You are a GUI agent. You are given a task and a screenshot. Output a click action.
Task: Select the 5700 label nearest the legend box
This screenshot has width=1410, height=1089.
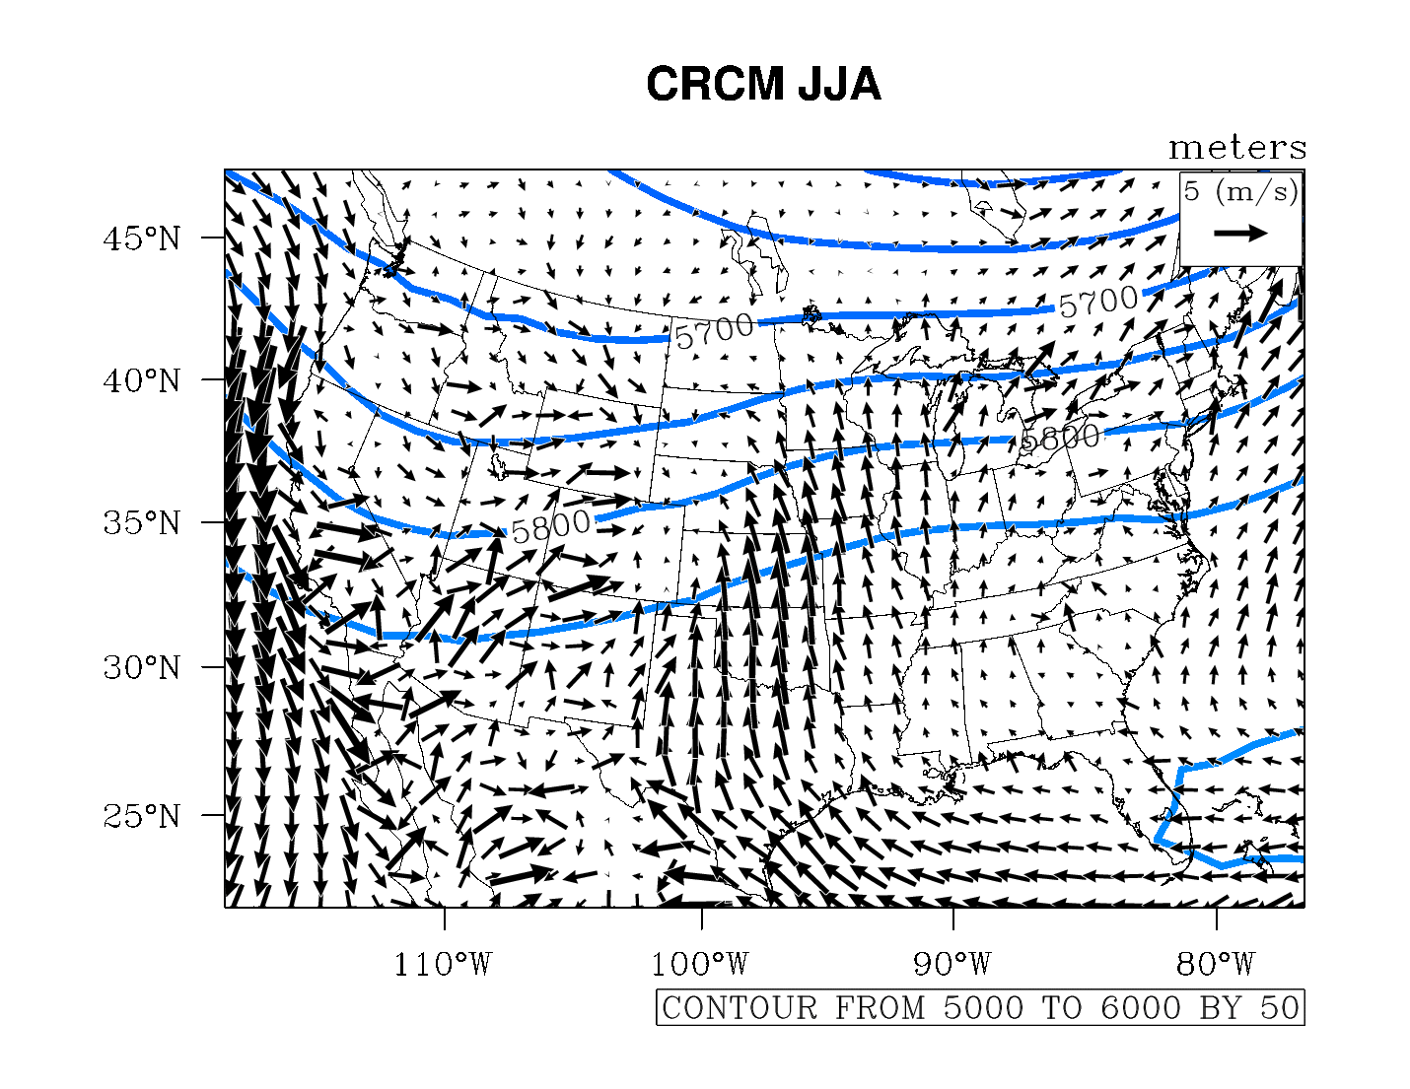point(1097,302)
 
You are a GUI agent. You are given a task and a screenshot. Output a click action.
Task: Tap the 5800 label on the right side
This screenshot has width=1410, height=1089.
point(1060,437)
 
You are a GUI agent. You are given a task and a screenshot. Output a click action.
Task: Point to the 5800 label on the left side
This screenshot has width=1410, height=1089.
point(551,525)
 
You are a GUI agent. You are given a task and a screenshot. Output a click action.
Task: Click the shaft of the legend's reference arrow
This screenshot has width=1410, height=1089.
point(1233,234)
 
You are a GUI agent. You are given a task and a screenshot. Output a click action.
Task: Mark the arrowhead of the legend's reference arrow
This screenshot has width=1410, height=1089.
point(1259,234)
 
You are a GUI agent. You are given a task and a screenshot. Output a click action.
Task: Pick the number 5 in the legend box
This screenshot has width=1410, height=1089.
point(1192,191)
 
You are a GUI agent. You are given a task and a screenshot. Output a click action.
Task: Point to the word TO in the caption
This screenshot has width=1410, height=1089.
point(1063,1008)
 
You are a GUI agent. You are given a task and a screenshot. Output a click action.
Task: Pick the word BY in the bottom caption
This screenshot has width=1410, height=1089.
point(1221,1008)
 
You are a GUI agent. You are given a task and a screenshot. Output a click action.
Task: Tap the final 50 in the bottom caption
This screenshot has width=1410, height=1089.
point(1280,1008)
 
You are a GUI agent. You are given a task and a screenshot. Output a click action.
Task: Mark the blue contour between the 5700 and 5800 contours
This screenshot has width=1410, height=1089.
point(690,422)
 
